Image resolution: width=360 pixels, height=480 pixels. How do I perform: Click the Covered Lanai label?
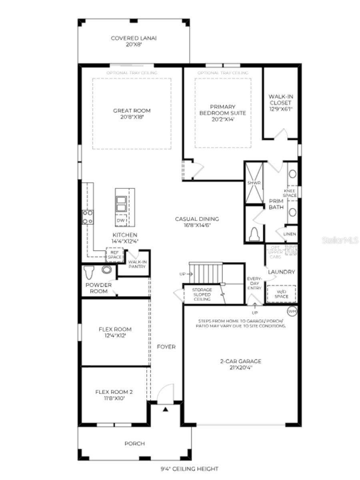(134, 41)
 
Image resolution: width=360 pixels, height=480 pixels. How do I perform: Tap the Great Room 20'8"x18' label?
(132, 114)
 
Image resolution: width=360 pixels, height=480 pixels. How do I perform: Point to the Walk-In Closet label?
(280, 102)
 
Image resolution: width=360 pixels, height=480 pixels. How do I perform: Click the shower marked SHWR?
(254, 183)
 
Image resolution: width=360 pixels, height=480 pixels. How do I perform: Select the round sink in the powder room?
(106, 270)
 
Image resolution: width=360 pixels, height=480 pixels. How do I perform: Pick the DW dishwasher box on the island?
(121, 220)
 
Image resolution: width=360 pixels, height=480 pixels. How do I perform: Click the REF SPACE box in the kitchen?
(114, 254)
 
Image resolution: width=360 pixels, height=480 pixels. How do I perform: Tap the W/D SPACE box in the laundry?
(281, 294)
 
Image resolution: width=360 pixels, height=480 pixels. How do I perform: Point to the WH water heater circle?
(292, 310)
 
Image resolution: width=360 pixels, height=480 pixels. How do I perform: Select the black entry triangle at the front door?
(165, 409)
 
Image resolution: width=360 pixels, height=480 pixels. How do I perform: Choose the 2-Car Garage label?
(240, 364)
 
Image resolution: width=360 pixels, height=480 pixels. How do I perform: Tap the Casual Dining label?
(197, 222)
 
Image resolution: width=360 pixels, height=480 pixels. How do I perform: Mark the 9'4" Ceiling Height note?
(187, 468)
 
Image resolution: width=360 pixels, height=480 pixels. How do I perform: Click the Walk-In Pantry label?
(137, 264)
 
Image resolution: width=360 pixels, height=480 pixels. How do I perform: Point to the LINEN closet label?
(290, 234)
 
